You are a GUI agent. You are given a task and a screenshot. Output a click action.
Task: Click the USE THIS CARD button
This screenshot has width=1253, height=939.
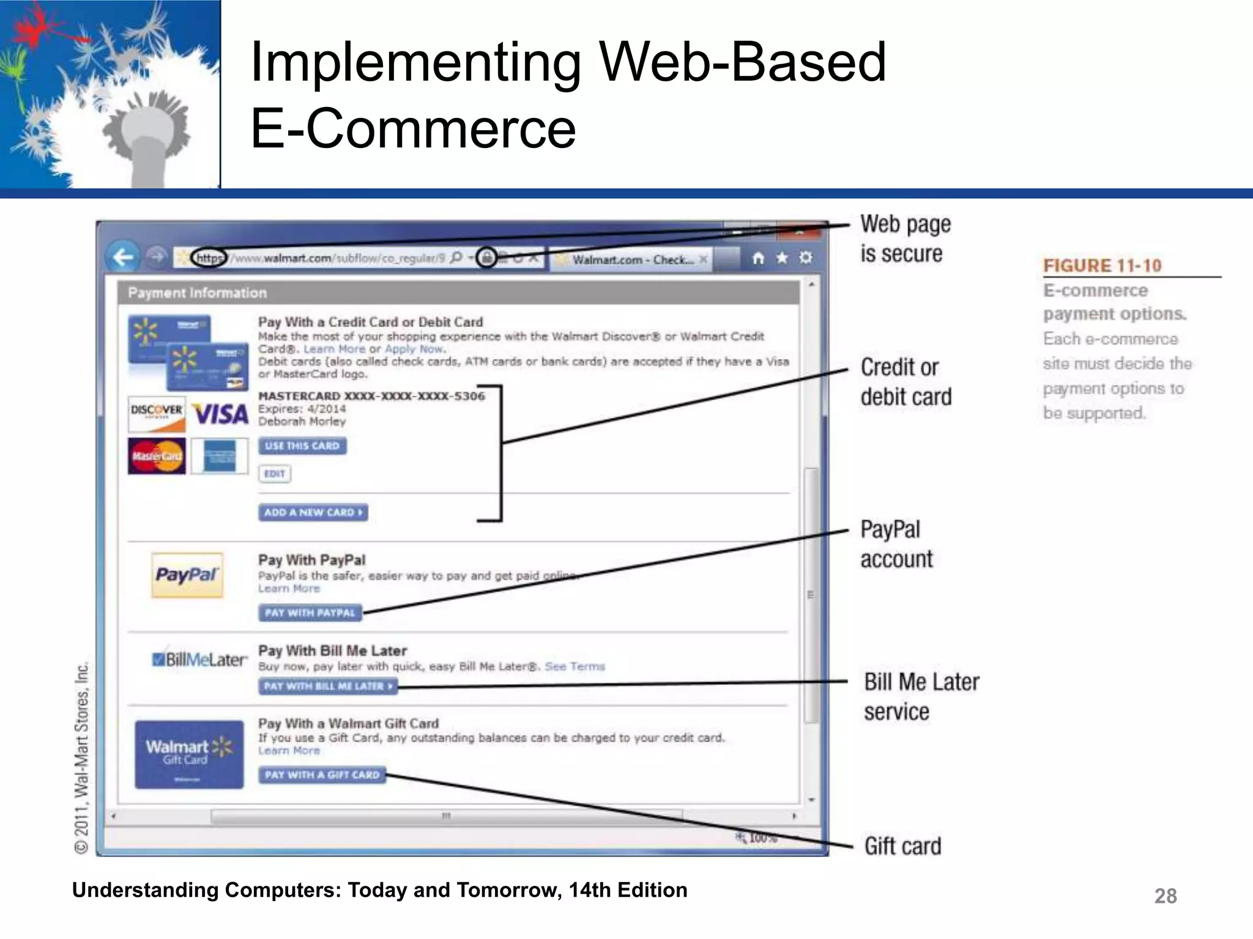pyautogui.click(x=302, y=446)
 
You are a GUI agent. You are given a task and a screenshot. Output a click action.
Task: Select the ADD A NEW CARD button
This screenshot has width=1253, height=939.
pyautogui.click(x=313, y=512)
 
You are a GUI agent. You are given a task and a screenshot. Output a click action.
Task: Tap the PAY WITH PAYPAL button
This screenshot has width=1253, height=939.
pyautogui.click(x=310, y=613)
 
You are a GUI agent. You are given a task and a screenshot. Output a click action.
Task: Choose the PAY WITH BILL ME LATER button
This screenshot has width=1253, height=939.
pyautogui.click(x=327, y=686)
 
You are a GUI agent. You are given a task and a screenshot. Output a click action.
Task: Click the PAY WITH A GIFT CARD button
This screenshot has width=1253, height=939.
pyautogui.click(x=322, y=775)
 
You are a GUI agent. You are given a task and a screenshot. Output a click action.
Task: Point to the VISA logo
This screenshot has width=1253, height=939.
pyautogui.click(x=221, y=415)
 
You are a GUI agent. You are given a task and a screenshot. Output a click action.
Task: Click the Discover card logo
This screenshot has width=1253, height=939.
pyautogui.click(x=157, y=414)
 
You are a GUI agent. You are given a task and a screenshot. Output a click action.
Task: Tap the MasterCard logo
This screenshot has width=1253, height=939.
pyautogui.click(x=157, y=456)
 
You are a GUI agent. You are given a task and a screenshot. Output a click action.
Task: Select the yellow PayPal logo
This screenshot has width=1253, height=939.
pyautogui.click(x=187, y=575)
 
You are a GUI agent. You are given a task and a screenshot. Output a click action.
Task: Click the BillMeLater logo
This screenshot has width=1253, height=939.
pyautogui.click(x=199, y=660)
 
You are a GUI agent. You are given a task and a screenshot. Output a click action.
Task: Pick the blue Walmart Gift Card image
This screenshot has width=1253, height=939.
pyautogui.click(x=189, y=754)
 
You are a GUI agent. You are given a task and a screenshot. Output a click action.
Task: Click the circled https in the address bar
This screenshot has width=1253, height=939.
pyautogui.click(x=209, y=258)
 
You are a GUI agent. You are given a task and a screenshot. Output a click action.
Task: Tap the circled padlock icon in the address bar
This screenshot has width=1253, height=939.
pyautogui.click(x=486, y=257)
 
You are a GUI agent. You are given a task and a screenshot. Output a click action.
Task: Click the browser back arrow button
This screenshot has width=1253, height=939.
pyautogui.click(x=123, y=257)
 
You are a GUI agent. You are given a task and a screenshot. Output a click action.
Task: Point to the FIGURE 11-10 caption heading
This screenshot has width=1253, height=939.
pyautogui.click(x=1102, y=265)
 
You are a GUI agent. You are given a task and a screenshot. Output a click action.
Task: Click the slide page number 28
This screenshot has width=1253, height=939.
pyautogui.click(x=1165, y=896)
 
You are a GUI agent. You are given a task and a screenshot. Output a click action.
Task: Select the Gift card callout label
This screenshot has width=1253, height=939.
pyautogui.click(x=902, y=846)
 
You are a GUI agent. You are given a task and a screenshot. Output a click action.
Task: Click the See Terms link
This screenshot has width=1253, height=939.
pyautogui.click(x=574, y=666)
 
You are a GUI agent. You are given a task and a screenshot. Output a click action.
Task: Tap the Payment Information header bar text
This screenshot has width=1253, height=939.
pyautogui.click(x=197, y=293)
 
